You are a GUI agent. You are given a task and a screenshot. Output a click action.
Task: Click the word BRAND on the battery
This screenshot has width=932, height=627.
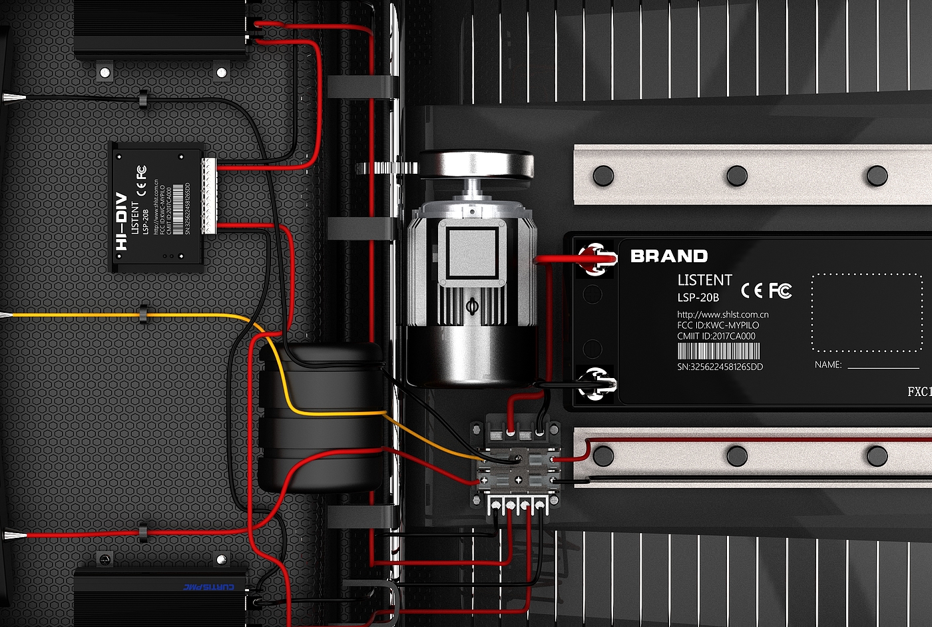tap(668, 256)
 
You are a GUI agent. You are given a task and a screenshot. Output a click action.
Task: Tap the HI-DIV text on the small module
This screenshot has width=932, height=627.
tap(121, 226)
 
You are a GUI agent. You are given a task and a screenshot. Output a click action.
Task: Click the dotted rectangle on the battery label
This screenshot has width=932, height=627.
tap(867, 312)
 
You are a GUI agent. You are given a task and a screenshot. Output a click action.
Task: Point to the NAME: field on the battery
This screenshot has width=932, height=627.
tap(827, 365)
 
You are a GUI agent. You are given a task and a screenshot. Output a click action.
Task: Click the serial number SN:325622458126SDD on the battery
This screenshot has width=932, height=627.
tap(720, 367)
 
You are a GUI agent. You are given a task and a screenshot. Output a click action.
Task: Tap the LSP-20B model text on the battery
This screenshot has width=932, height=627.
tap(698, 298)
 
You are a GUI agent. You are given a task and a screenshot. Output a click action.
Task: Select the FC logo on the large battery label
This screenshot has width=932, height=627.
tap(780, 290)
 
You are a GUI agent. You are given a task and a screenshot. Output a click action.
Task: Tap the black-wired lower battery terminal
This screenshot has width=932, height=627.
tap(594, 383)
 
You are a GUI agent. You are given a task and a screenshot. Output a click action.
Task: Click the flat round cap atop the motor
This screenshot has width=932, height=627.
tap(475, 163)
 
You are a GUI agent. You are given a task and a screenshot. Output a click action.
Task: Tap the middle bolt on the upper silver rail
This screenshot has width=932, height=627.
tap(737, 176)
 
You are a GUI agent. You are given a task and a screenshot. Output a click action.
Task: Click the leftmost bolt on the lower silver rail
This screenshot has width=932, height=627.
tap(603, 456)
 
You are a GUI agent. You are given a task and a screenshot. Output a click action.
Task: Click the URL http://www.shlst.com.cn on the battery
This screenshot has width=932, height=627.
tap(722, 314)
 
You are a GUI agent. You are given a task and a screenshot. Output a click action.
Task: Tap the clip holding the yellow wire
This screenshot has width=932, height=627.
tap(142, 312)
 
